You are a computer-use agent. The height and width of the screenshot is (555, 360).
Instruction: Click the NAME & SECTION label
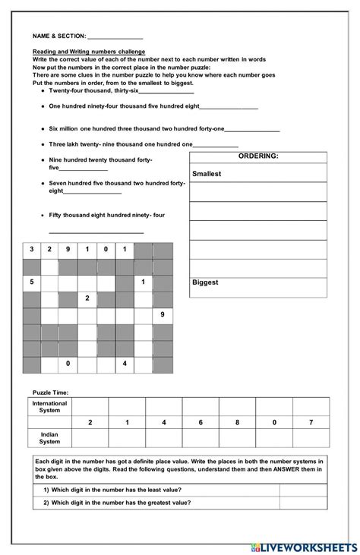click(58, 36)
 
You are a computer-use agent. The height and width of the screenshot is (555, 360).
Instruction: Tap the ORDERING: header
click(258, 156)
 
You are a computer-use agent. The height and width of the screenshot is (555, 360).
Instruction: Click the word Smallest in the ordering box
click(207, 174)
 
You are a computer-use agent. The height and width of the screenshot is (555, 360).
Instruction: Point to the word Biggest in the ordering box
click(205, 282)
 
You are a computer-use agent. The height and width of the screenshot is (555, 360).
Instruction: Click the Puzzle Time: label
click(50, 392)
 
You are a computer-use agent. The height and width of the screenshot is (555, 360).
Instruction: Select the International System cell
click(50, 406)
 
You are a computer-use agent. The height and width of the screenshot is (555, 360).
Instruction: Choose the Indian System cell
click(50, 438)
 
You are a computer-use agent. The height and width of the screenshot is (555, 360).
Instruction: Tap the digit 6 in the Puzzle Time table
click(201, 422)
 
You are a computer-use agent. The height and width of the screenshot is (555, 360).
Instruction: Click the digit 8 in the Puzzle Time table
click(238, 422)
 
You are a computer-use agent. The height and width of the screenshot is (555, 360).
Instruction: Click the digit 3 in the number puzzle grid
click(32, 249)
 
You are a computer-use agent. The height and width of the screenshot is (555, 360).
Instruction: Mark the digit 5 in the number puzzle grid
click(32, 282)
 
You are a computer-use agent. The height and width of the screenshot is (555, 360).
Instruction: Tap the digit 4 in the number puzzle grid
click(124, 364)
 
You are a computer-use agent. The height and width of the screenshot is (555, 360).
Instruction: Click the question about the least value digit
click(116, 490)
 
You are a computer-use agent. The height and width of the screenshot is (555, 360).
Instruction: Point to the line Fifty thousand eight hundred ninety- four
click(106, 216)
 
